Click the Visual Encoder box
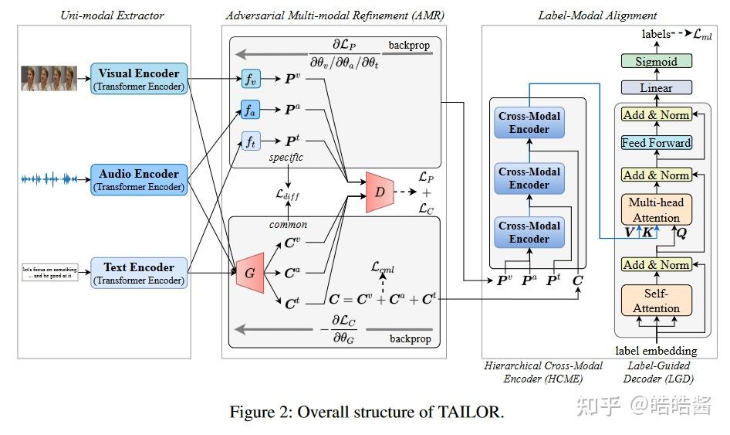[139, 80]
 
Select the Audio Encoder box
[139, 179]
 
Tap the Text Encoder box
[139, 274]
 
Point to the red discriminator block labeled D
[380, 190]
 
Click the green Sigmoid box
[656, 61]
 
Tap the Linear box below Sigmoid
[656, 87]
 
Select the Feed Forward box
[656, 143]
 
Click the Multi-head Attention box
[656, 209]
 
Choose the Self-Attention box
[656, 301]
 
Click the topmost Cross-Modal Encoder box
[529, 123]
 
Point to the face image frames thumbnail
[49, 79]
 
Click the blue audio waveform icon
[49, 179]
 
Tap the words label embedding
[656, 351]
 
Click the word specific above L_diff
[286, 158]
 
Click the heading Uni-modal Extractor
[103, 15]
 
